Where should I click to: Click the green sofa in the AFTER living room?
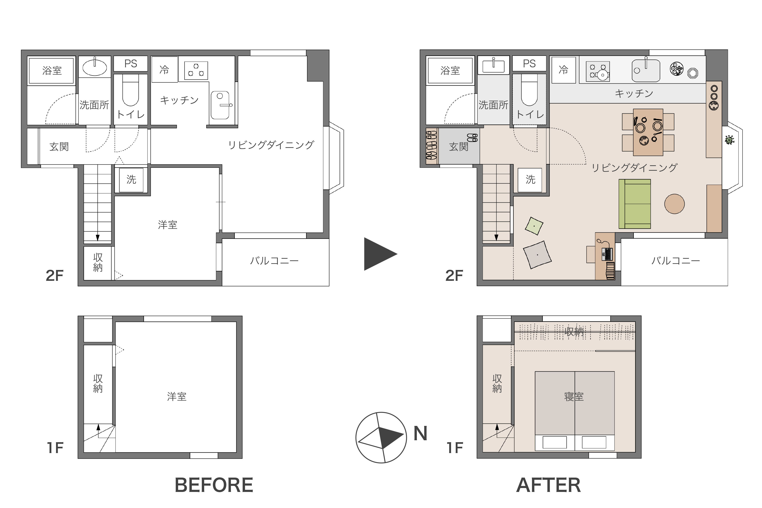(634, 204)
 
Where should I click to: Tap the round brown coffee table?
(674, 204)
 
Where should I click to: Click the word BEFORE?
(214, 485)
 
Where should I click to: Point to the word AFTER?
(548, 485)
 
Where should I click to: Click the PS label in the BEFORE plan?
(131, 63)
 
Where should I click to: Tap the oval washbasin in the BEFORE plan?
(95, 67)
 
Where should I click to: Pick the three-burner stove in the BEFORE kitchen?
(196, 70)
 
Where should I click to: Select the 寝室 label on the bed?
(574, 397)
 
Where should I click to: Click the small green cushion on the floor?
(534, 226)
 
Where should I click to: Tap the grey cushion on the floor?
(537, 255)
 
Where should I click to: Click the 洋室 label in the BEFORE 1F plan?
(177, 397)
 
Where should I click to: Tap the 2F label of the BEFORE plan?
(55, 276)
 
